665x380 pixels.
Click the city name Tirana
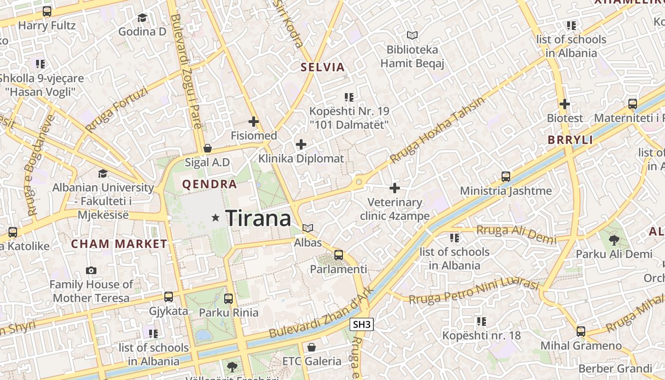(x=258, y=218)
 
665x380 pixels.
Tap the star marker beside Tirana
(x=216, y=218)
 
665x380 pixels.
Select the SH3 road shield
(x=361, y=325)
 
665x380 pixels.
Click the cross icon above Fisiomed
(x=254, y=122)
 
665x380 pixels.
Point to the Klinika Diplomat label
(x=301, y=159)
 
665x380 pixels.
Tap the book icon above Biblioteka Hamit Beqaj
(x=412, y=35)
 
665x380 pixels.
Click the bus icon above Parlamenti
(x=339, y=255)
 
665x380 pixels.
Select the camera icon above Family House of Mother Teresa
(x=91, y=270)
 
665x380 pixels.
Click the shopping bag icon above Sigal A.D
(x=207, y=148)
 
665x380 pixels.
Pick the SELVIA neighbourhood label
(x=323, y=67)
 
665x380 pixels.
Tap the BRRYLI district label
(x=570, y=140)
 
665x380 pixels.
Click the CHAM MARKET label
(x=119, y=244)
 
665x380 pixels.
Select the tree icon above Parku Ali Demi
(x=614, y=240)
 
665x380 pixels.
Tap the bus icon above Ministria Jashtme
(x=506, y=177)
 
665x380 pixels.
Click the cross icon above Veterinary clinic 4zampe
(x=395, y=188)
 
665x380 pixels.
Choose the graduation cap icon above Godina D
(x=142, y=18)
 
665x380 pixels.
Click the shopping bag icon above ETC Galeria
(x=312, y=347)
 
